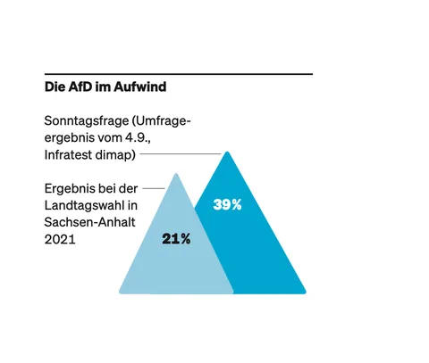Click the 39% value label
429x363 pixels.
point(228,205)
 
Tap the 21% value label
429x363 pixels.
point(177,239)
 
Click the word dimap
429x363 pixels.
point(117,155)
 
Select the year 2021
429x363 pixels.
point(59,241)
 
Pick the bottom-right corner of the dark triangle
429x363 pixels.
point(305,292)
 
